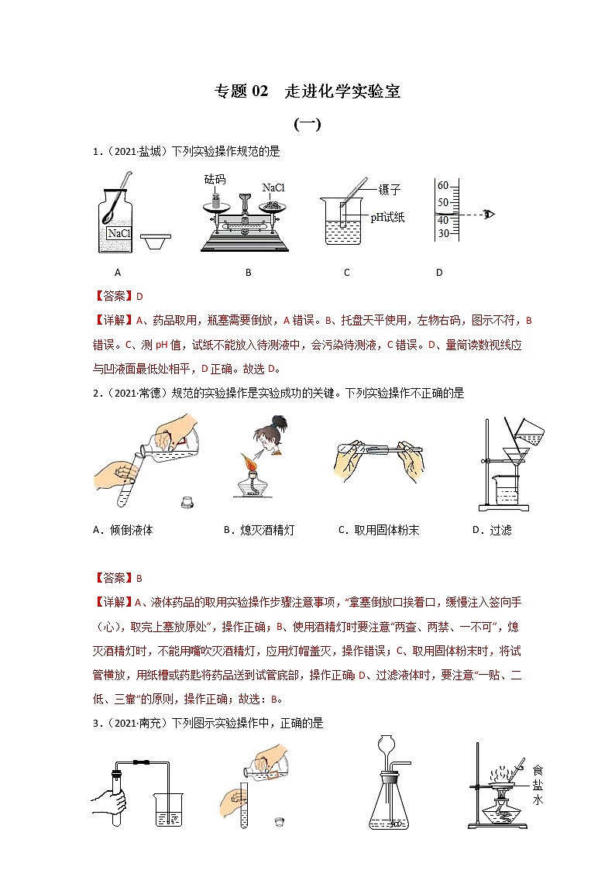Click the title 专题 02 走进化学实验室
click(307, 91)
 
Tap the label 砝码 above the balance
click(215, 179)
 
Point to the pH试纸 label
click(387, 218)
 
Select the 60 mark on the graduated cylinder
click(444, 186)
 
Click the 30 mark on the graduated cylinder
click(444, 233)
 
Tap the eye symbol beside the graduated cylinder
click(489, 214)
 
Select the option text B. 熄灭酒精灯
click(259, 530)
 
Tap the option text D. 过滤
click(492, 530)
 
